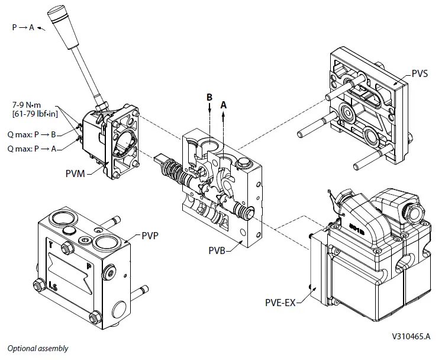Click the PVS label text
(x=420, y=75)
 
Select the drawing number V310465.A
(x=414, y=335)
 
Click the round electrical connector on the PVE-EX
(x=412, y=210)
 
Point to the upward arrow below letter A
(x=224, y=118)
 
